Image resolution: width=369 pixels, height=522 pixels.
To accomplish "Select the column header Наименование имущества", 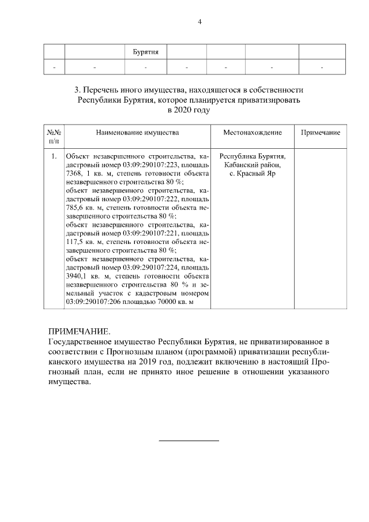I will pos(137,133).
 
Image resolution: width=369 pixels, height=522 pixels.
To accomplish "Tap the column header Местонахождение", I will pos(253,133).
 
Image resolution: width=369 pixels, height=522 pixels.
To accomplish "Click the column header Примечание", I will pos(321,133).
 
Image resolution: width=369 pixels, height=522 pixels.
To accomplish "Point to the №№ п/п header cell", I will pos(54,136).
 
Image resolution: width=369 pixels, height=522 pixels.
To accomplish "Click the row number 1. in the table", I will pos(53,156).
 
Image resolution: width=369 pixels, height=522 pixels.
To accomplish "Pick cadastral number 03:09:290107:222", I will pos(149,198).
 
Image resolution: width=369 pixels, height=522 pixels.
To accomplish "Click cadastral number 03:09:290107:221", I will pos(149,232).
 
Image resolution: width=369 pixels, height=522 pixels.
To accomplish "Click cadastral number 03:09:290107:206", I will pos(94,302).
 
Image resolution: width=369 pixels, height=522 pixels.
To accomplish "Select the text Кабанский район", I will pos(253,164).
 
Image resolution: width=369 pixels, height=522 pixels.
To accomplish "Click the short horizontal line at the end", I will pos(189,441).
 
